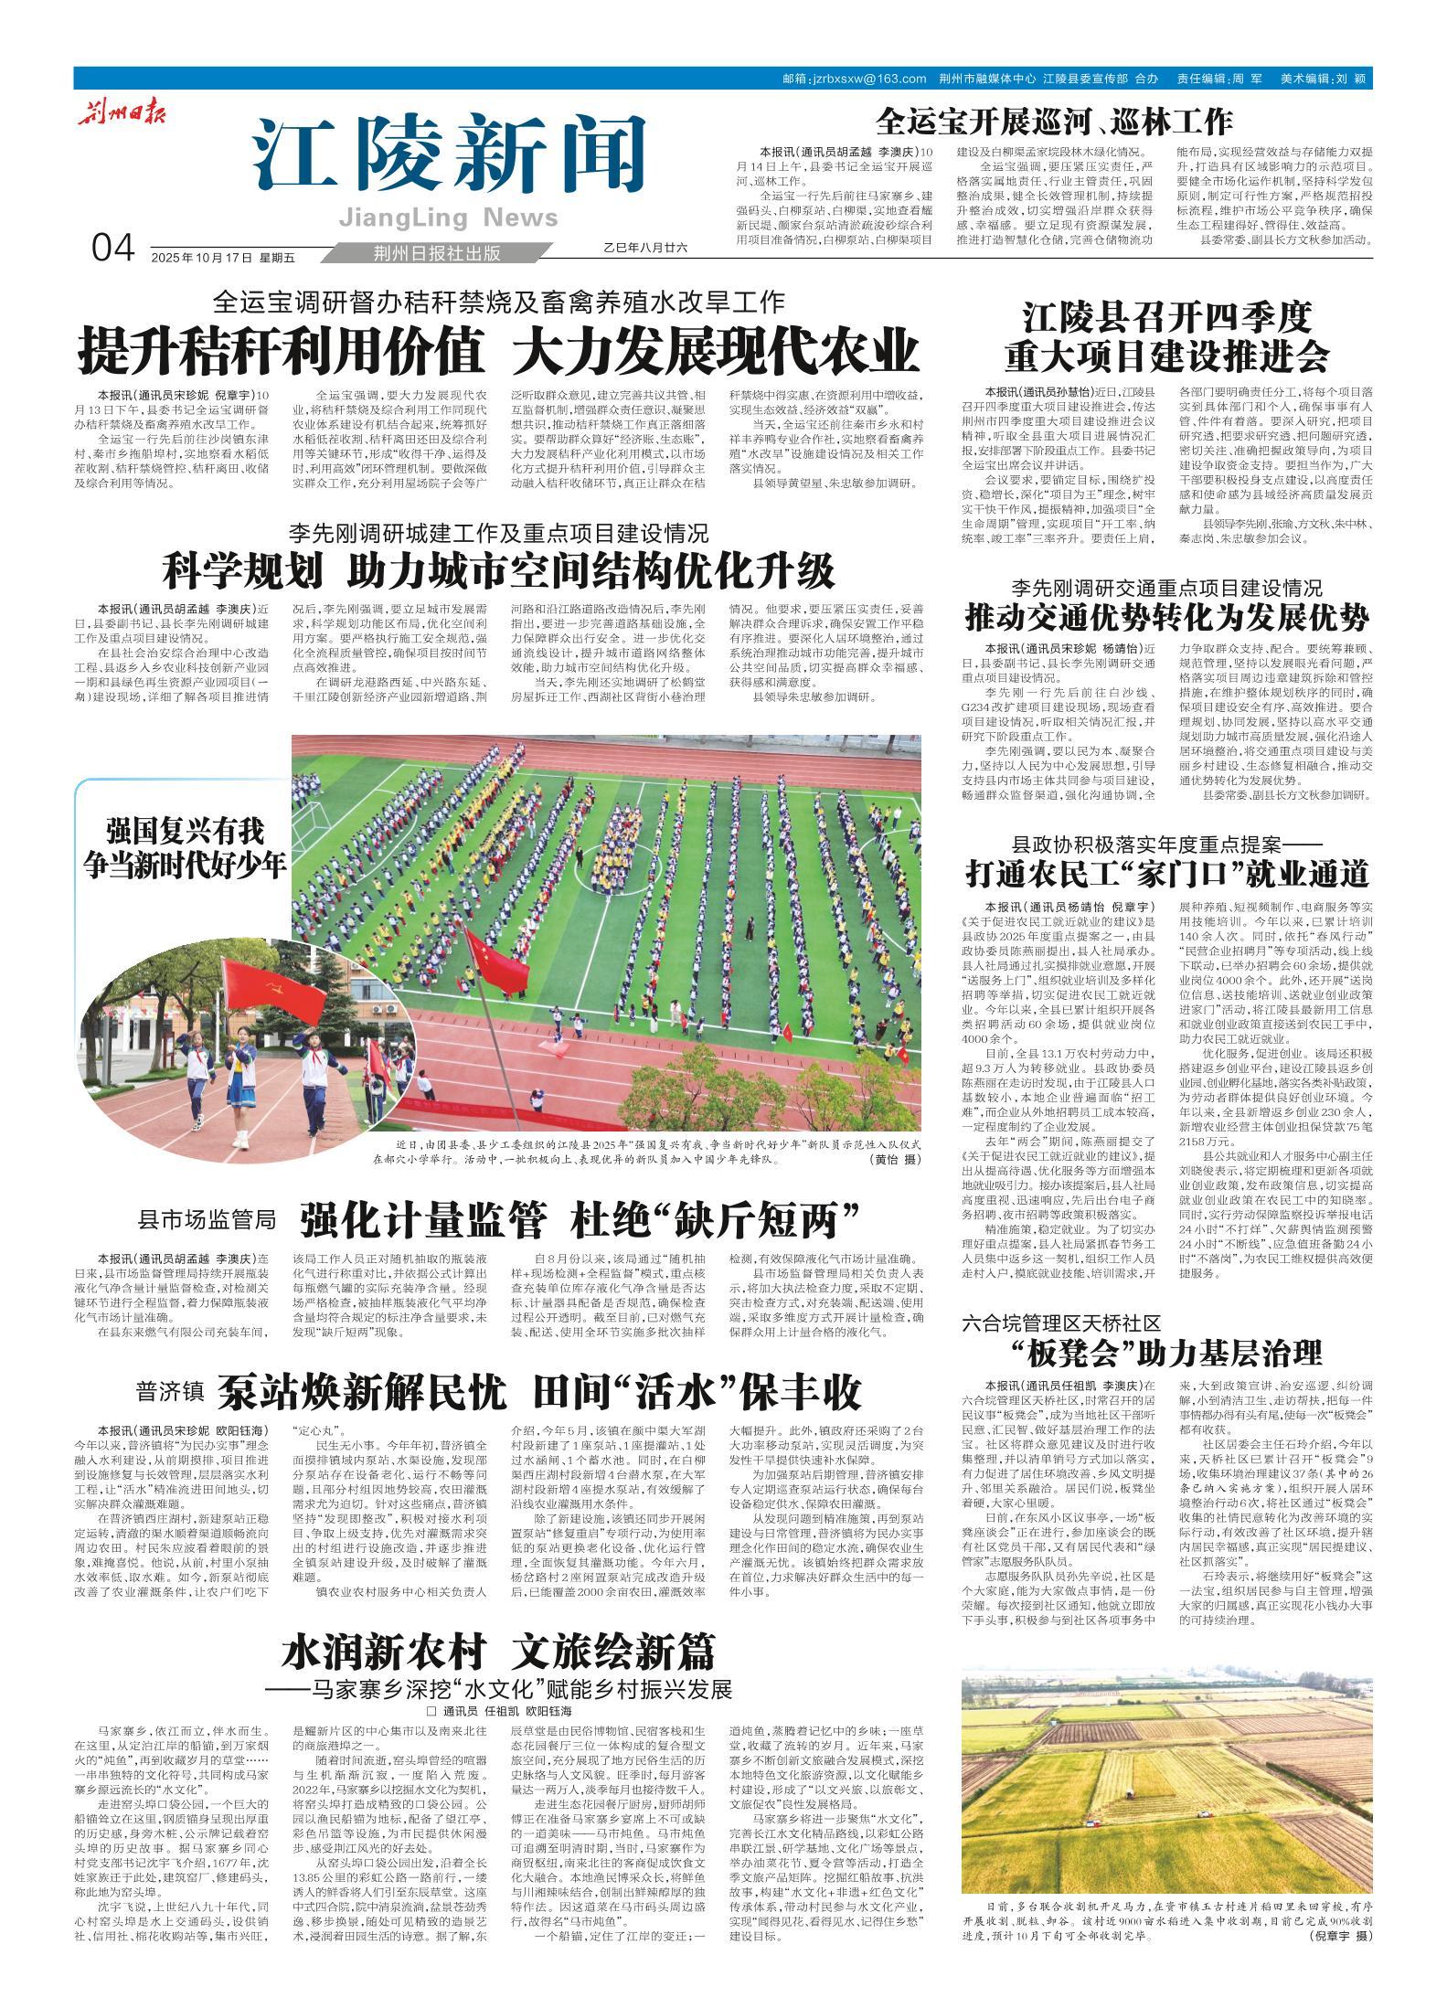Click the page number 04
pyautogui.click(x=113, y=247)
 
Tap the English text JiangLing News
pyautogui.click(x=448, y=218)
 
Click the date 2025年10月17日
pyautogui.click(x=201, y=257)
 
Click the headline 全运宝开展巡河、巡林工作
pyautogui.click(x=1053, y=121)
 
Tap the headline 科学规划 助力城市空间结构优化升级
pyautogui.click(x=498, y=571)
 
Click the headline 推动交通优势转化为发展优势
pyautogui.click(x=1166, y=618)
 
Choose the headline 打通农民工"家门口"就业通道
pyautogui.click(x=1166, y=874)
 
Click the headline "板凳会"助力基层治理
pyautogui.click(x=1166, y=1353)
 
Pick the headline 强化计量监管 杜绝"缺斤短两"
pyautogui.click(x=582, y=1218)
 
